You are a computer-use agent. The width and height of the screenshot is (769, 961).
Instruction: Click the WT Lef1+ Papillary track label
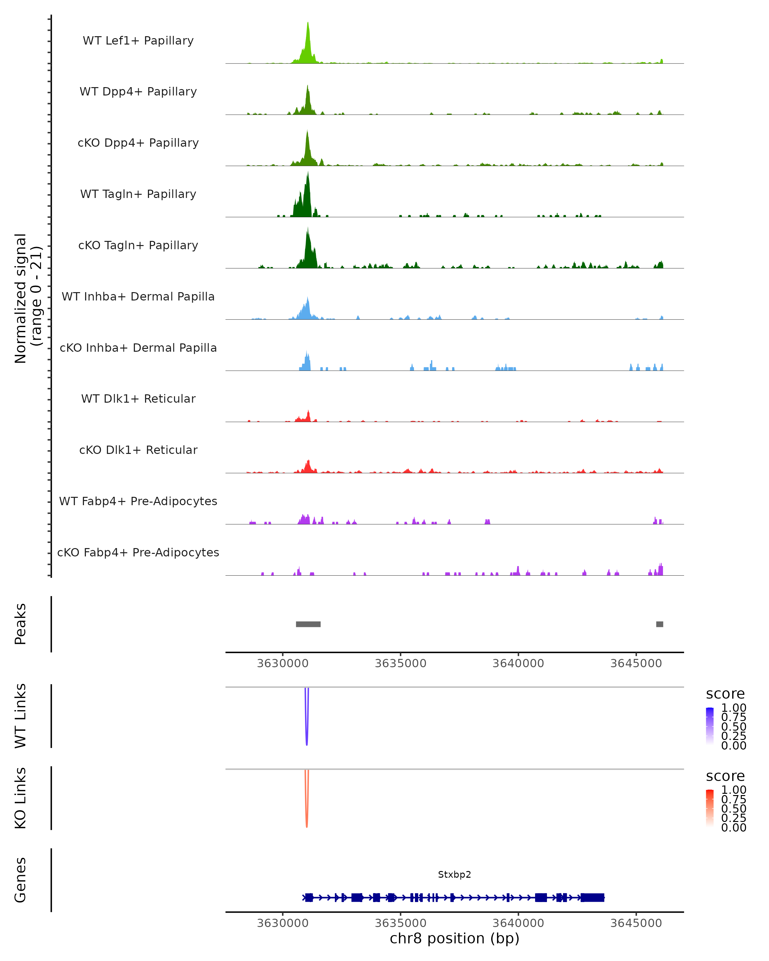138,41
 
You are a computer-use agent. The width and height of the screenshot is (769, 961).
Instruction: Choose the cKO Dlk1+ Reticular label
138,450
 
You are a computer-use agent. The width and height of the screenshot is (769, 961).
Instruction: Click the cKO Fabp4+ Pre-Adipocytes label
138,552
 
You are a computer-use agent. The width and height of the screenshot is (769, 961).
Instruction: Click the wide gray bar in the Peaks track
308,624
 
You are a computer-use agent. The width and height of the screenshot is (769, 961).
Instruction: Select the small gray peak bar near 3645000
659,624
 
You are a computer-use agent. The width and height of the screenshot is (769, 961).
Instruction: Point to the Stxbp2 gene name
454,875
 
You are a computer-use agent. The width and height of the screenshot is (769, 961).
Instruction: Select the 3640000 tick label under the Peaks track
518,663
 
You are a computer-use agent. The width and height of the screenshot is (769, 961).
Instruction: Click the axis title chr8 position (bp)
454,938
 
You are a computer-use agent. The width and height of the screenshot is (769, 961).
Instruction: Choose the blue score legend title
725,694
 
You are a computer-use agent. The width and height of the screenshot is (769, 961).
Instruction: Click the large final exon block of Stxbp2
592,897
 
